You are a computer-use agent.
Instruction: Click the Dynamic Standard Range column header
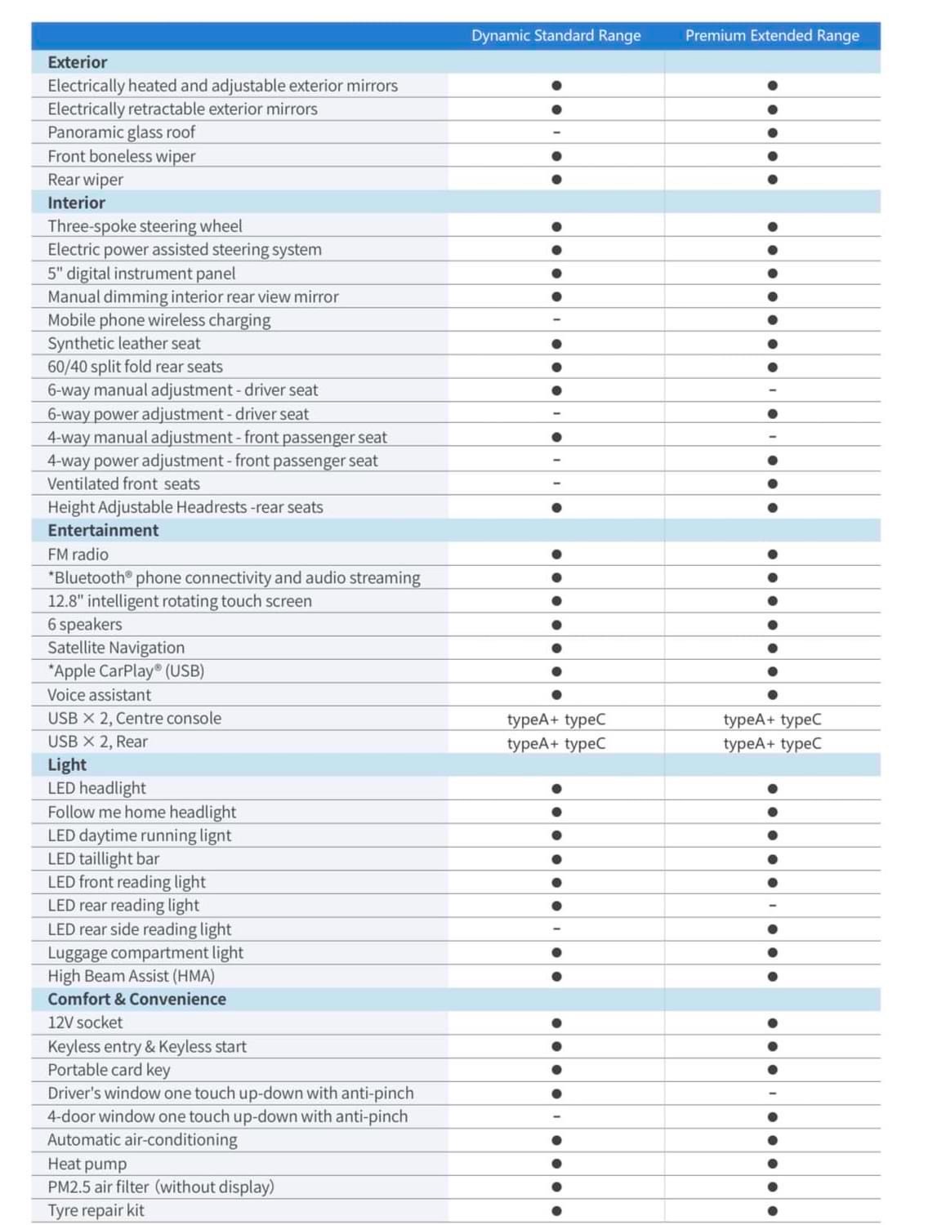555,36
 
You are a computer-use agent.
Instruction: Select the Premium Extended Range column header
772,36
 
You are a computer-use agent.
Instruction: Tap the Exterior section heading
78,62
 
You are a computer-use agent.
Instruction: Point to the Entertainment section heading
103,530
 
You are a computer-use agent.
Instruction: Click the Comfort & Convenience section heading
136,999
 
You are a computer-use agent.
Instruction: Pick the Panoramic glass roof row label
122,132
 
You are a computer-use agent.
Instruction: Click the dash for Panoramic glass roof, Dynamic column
556,132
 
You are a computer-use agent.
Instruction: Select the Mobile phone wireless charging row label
159,320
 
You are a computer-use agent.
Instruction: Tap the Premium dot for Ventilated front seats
772,483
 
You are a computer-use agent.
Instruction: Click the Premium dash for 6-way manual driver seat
772,390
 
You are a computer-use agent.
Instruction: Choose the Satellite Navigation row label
116,648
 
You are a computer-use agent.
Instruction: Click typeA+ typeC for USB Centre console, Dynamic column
556,719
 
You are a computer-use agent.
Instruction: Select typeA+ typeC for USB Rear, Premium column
772,743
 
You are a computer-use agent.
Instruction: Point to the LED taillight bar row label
104,858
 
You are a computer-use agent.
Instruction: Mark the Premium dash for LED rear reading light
772,906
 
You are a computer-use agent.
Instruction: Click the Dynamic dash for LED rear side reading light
556,929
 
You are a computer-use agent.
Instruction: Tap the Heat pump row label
87,1164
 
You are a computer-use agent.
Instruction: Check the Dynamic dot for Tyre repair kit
556,1210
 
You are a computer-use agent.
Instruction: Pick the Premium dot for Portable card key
772,1070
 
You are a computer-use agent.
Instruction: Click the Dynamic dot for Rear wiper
556,180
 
